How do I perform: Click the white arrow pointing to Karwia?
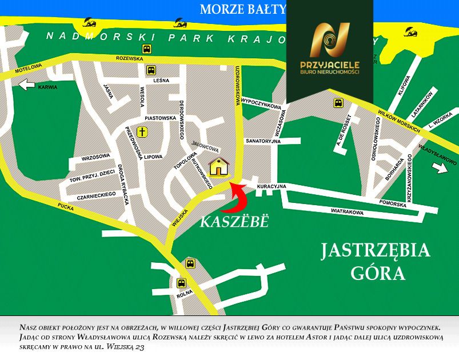click(x=27, y=85)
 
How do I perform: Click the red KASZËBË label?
click(x=234, y=222)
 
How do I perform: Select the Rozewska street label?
click(x=129, y=58)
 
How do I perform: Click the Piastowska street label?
click(x=160, y=118)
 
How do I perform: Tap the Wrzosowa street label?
click(x=95, y=156)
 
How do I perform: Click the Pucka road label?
click(x=66, y=207)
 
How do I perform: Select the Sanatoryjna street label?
click(x=262, y=141)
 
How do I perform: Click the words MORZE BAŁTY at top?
click(x=242, y=9)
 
